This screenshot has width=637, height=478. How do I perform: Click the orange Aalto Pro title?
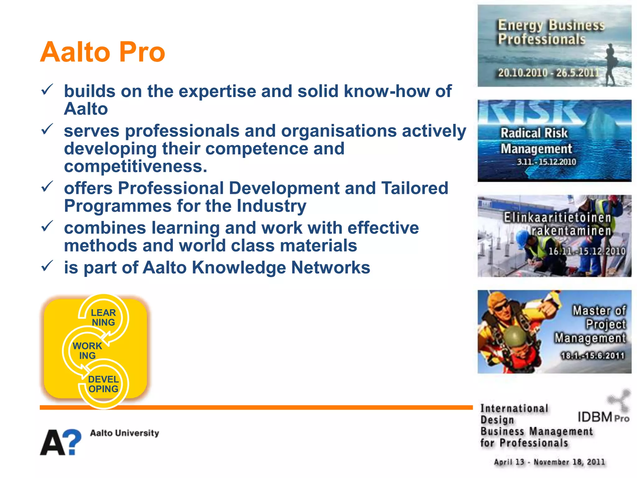coord(103,52)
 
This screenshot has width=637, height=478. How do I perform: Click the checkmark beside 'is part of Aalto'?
coord(47,266)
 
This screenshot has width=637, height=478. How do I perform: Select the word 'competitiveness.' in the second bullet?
coord(136,166)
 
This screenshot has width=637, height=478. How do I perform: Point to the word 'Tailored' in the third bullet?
coord(415,188)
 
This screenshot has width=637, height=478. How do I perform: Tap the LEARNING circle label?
coord(103,317)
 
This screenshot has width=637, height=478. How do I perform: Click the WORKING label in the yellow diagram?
coord(87,351)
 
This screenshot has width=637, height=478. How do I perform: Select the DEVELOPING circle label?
coord(103,384)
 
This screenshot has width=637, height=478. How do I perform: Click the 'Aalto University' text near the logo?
coord(124,433)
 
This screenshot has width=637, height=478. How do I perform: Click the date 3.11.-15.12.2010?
coord(546,162)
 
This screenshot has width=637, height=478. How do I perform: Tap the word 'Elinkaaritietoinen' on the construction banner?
coord(557,218)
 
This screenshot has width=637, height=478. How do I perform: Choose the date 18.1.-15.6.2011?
coord(593,356)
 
